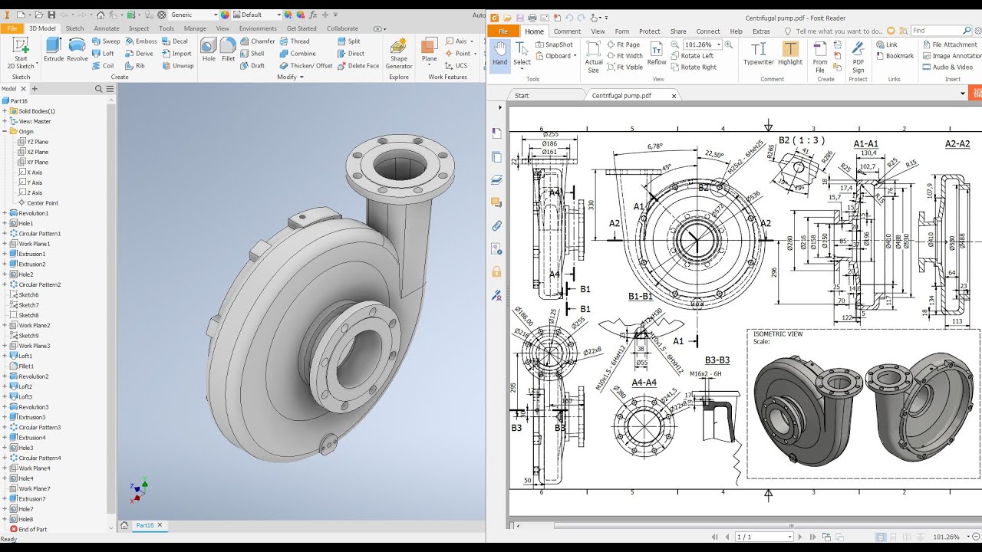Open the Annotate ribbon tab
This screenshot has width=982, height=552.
pos(106,28)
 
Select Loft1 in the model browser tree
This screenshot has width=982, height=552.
pos(25,356)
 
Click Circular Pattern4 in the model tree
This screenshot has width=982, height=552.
pos(39,458)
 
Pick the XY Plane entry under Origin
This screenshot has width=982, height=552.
pos(37,162)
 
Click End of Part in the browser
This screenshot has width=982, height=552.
pos(32,529)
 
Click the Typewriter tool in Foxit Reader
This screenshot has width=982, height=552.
pos(758,52)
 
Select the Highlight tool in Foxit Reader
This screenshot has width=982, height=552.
pos(789,52)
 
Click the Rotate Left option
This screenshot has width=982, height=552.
pos(697,56)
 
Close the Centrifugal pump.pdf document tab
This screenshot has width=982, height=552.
pos(674,96)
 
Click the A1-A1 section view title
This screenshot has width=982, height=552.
pos(865,143)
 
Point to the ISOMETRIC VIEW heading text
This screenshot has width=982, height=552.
pos(778,334)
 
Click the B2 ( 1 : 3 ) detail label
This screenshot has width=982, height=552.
pos(802,140)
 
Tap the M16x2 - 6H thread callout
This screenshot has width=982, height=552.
pos(705,373)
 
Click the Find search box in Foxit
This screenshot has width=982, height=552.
pos(940,30)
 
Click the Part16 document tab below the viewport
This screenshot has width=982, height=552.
pos(144,525)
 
